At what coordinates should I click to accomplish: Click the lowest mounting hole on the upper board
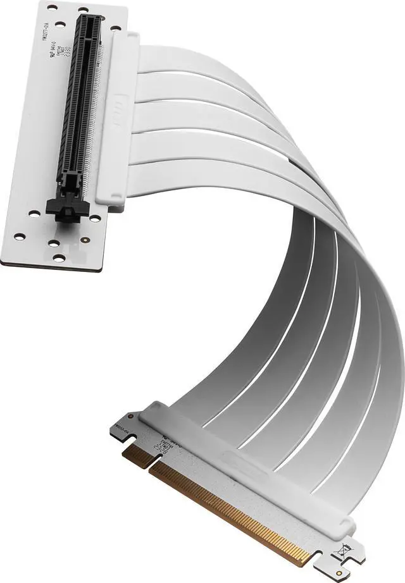click(x=59, y=257)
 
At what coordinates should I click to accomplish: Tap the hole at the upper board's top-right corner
click(x=115, y=28)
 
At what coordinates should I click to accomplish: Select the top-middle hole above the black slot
click(x=83, y=10)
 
